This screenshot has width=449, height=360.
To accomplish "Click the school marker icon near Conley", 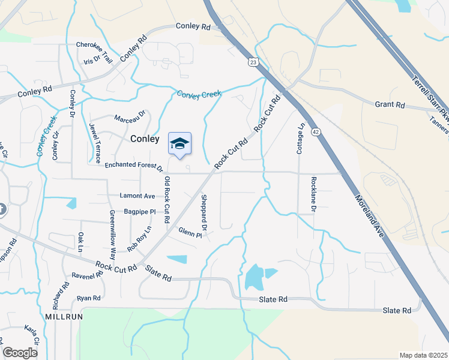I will click(179, 144).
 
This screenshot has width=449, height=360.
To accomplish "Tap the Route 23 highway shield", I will click(254, 62).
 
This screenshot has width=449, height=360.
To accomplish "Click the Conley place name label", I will click(145, 139).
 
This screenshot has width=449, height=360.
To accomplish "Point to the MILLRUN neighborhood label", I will click(63, 316).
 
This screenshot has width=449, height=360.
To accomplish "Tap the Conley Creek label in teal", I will click(199, 94).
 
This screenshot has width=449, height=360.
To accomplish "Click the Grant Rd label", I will click(390, 104).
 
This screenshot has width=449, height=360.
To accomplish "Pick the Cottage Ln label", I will click(301, 139).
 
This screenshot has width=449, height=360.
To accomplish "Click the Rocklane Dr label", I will click(313, 193).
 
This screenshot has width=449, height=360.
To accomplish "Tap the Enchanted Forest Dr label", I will click(134, 166).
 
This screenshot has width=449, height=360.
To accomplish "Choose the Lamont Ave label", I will click(137, 196).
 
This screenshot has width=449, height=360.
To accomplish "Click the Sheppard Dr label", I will click(204, 213).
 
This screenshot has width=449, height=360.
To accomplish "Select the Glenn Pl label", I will click(190, 232).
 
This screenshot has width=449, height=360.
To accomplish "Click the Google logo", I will click(20, 353).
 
